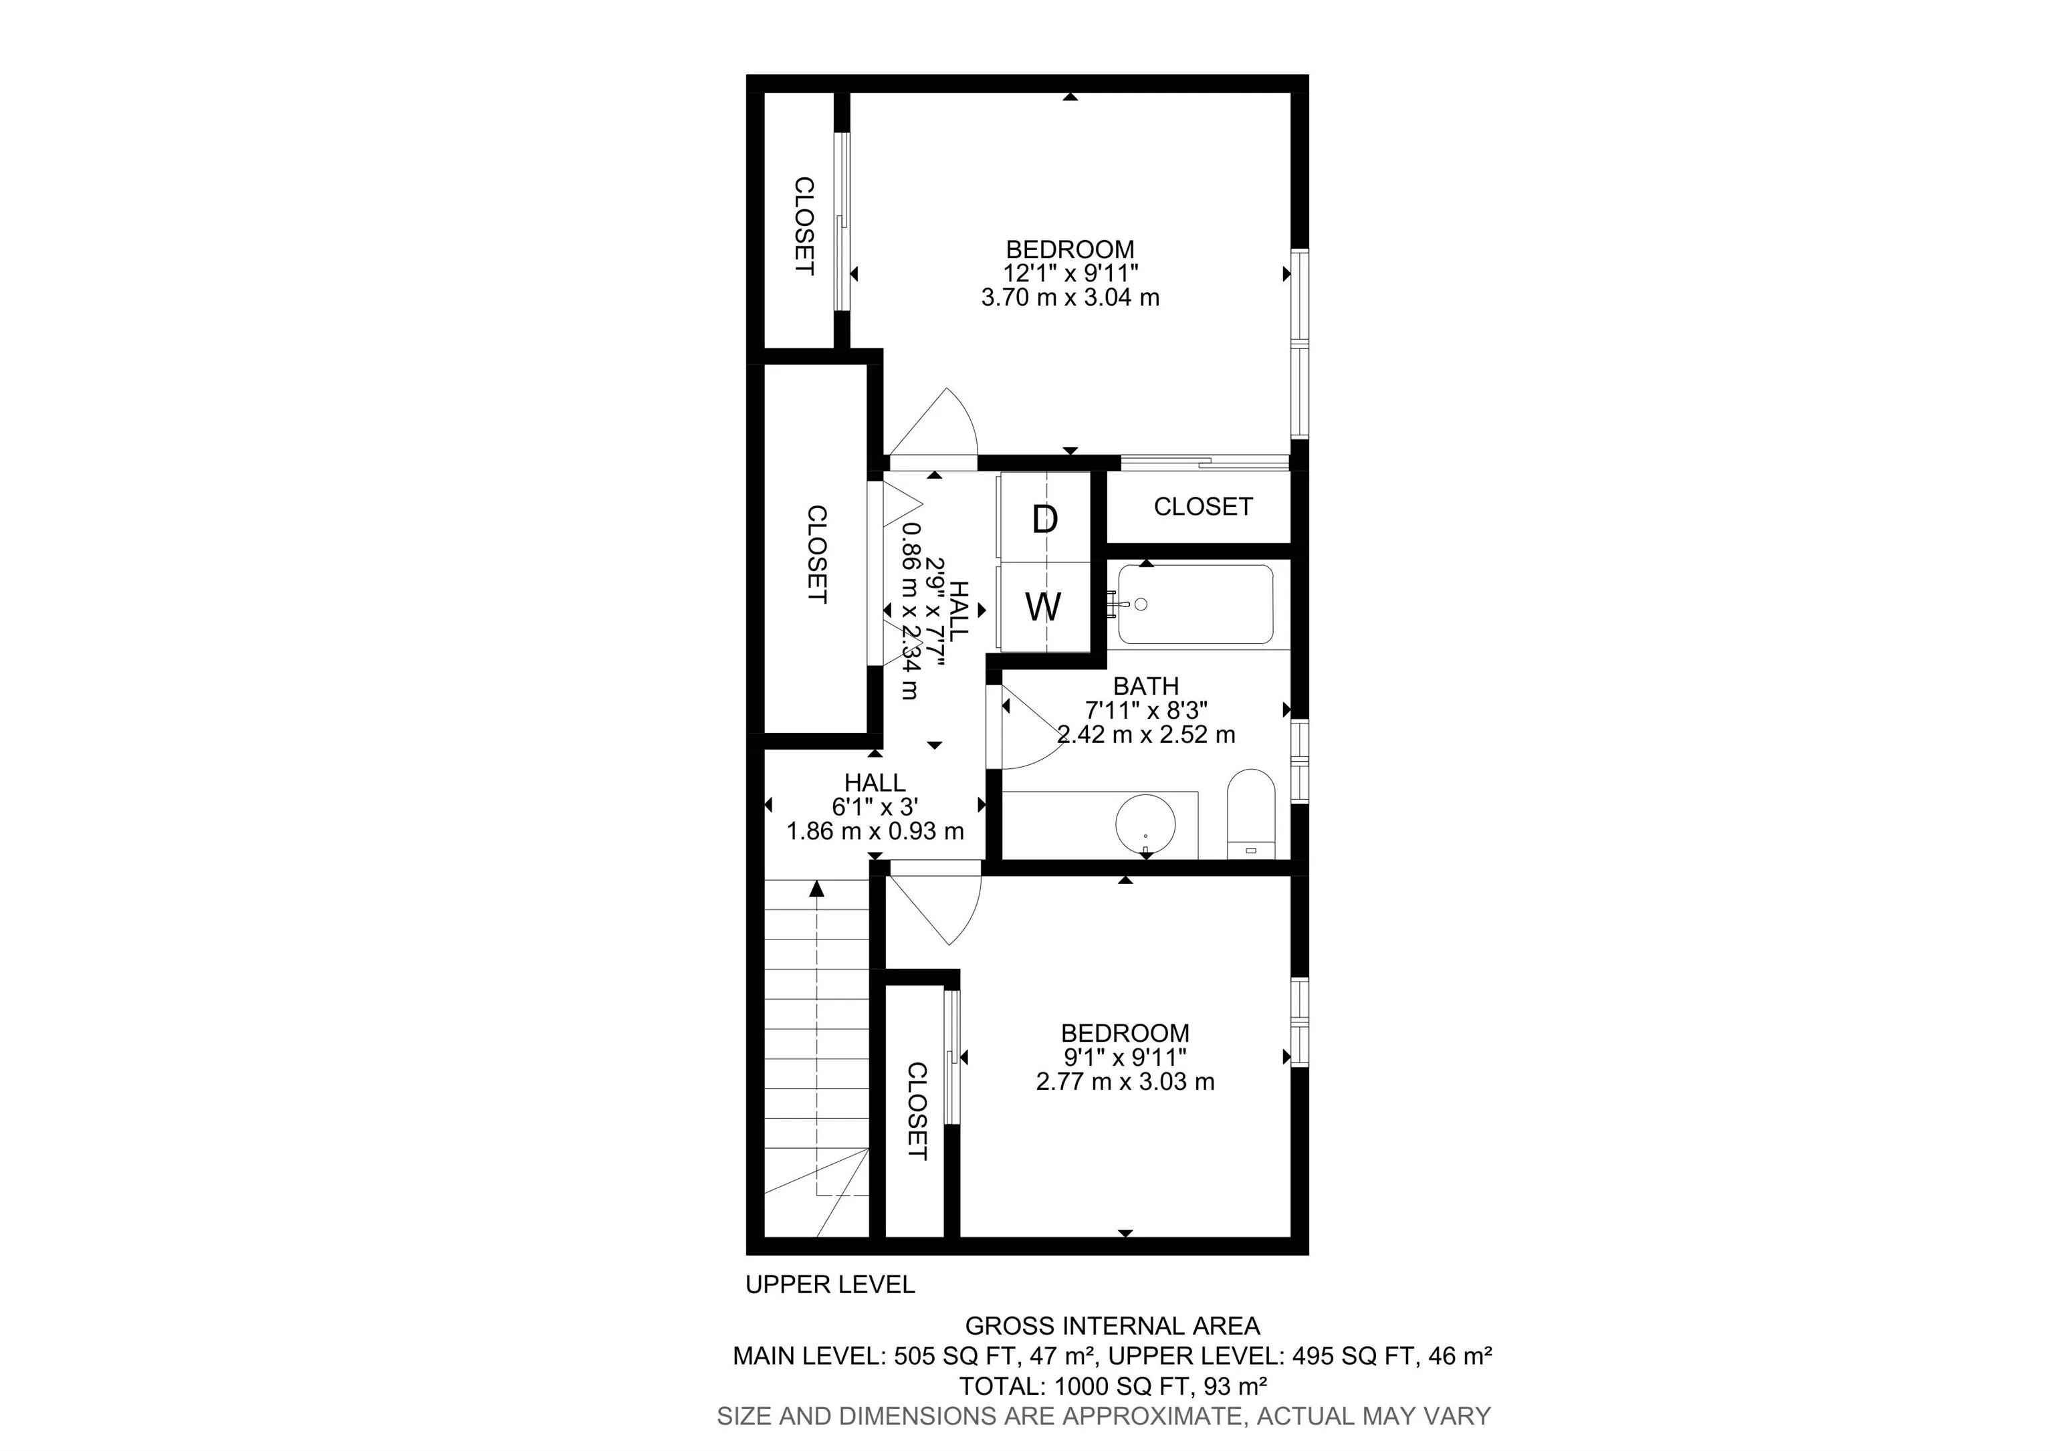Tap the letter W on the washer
[x=1043, y=606]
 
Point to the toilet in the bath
[x=1250, y=814]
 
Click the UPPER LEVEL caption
[x=829, y=1285]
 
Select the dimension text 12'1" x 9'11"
[x=1070, y=273]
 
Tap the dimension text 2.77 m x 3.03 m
[x=1125, y=1081]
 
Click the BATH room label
[x=1146, y=686]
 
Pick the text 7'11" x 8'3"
[x=1146, y=710]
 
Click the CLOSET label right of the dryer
[x=1202, y=506]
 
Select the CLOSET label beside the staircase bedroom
[x=917, y=1110]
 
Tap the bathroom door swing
[x=1029, y=729]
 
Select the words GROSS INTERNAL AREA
[x=1112, y=1326]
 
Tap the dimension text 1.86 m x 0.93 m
[x=875, y=831]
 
